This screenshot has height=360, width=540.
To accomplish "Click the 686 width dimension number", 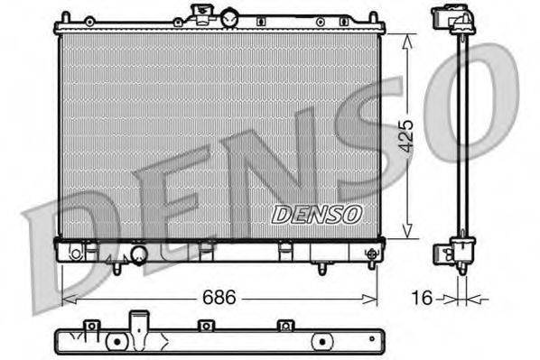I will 219,296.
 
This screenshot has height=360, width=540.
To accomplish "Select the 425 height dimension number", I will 407,137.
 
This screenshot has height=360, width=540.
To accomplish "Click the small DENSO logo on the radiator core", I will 316,214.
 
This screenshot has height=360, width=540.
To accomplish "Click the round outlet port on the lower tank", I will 138,256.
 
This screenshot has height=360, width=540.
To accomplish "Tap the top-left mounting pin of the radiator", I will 65,17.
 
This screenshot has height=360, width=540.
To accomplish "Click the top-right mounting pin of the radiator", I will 371,17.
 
